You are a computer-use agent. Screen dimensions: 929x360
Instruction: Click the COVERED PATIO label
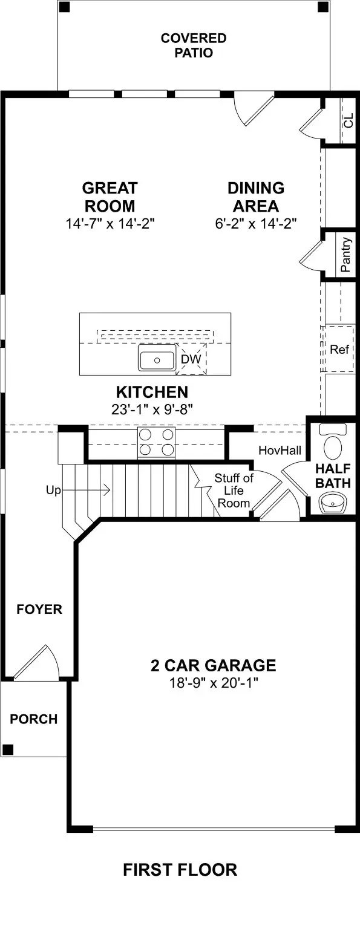click(193, 45)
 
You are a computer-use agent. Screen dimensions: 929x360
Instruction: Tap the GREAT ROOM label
click(110, 197)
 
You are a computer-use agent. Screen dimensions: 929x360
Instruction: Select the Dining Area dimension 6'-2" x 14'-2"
click(255, 224)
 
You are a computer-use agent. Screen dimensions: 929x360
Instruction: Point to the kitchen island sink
click(157, 360)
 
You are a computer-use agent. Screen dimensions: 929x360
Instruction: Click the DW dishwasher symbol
click(191, 359)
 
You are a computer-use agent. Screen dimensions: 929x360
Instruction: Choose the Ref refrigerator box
click(339, 350)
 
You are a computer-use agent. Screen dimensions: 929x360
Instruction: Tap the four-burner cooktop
click(157, 442)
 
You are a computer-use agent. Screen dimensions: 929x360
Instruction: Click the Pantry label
click(345, 255)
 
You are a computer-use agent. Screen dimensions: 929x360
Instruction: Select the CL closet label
click(348, 120)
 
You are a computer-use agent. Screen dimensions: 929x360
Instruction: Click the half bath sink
click(331, 503)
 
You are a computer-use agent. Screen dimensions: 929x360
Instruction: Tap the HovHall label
click(276, 451)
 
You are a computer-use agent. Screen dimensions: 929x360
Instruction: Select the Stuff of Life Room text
click(234, 491)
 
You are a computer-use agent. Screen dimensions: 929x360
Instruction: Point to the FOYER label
click(39, 609)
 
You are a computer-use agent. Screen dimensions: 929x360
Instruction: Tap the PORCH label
click(34, 719)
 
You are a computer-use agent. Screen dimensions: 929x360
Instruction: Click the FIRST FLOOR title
click(180, 870)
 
